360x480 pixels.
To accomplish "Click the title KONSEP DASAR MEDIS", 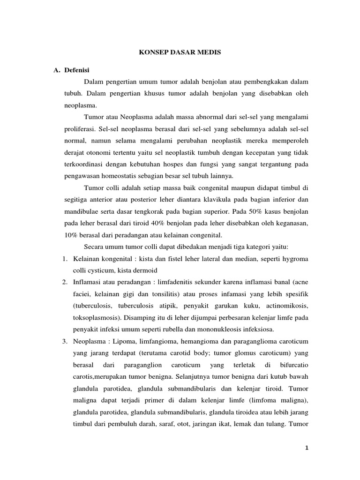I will pos(180,53).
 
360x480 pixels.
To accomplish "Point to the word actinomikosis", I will pos(287,306).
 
